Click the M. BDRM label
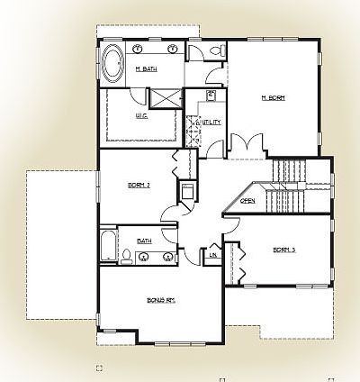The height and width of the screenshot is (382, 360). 273,98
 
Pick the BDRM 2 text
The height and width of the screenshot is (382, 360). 138,186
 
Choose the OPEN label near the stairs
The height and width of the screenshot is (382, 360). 247,200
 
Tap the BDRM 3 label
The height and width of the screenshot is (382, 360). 285,250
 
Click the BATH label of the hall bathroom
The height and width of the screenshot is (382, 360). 143,241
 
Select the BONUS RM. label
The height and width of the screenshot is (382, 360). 160,300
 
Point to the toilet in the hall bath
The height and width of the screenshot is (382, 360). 128,258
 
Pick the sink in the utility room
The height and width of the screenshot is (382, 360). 211,95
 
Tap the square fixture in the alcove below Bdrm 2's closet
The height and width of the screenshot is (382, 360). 187,192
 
